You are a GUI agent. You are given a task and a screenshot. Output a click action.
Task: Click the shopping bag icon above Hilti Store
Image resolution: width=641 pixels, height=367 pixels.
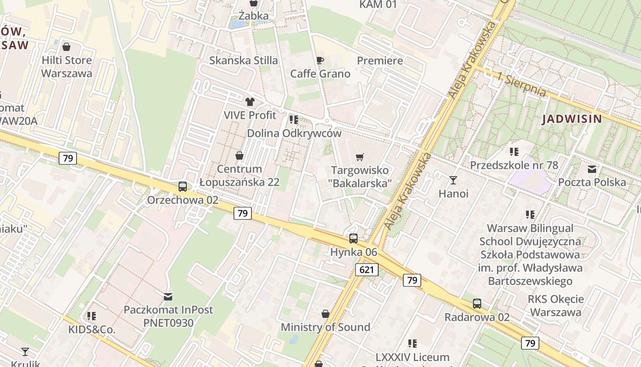(x=66, y=47)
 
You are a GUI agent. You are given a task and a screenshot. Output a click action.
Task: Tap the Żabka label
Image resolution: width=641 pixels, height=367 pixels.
(x=253, y=16)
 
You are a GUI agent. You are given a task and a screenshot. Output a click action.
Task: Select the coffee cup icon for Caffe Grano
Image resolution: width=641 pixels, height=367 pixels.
(x=320, y=60)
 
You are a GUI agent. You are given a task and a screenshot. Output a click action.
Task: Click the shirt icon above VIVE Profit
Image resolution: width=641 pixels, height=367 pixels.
(x=250, y=101)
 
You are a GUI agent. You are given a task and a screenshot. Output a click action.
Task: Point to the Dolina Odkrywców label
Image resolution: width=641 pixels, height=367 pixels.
(x=294, y=133)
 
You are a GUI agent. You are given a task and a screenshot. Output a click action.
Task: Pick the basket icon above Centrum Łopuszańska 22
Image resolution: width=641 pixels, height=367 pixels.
(x=239, y=156)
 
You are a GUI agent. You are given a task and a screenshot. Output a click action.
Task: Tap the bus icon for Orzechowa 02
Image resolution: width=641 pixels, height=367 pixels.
(x=182, y=187)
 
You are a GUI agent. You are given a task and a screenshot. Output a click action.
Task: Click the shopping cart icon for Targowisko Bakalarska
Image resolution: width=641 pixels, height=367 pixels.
(x=360, y=157)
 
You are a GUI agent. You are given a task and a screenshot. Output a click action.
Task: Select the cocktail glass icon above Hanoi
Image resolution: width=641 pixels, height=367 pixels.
(x=453, y=180)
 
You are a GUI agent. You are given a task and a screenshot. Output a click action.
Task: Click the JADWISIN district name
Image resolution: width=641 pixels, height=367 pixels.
(x=572, y=119)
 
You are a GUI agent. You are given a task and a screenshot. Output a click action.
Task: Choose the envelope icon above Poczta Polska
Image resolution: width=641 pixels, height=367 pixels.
(x=592, y=169)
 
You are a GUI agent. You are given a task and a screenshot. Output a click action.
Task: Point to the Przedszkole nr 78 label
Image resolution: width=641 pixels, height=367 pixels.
(x=514, y=165)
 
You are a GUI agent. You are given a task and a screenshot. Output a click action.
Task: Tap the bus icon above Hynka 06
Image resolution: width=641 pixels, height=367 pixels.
(x=353, y=239)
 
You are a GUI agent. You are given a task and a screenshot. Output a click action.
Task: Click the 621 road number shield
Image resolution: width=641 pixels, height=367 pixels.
(x=367, y=270)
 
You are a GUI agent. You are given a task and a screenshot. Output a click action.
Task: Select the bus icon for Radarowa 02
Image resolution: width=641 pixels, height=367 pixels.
(x=477, y=304)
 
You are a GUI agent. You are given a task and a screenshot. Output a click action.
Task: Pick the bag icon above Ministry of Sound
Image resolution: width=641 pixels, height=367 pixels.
(x=326, y=314)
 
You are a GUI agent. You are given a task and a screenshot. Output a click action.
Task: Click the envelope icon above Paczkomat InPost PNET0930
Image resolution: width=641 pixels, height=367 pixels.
(x=168, y=296)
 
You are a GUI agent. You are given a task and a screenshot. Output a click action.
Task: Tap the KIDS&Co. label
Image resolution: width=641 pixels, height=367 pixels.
(x=92, y=329)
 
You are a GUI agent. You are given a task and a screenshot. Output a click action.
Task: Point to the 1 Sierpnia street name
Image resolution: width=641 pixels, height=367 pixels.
(x=521, y=84)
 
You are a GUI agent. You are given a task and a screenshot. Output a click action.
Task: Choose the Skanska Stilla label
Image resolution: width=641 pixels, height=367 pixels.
(x=244, y=60)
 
